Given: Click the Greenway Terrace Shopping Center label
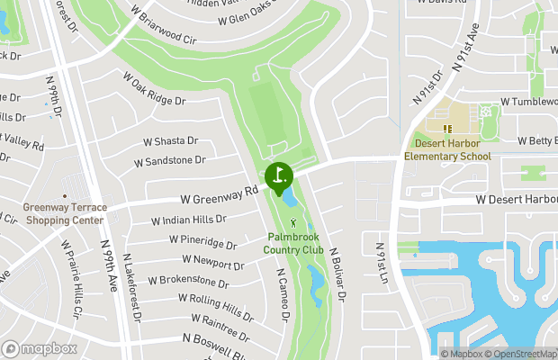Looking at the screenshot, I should tap(65, 213).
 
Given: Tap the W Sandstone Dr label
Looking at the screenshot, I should tap(169, 161).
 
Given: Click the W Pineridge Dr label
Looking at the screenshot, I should tap(202, 241).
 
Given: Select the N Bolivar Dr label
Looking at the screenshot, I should tap(338, 274).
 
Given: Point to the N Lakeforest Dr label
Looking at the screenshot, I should tap(134, 287).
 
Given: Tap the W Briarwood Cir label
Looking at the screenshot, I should tap(163, 26).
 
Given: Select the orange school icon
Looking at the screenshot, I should tap(447, 129).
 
